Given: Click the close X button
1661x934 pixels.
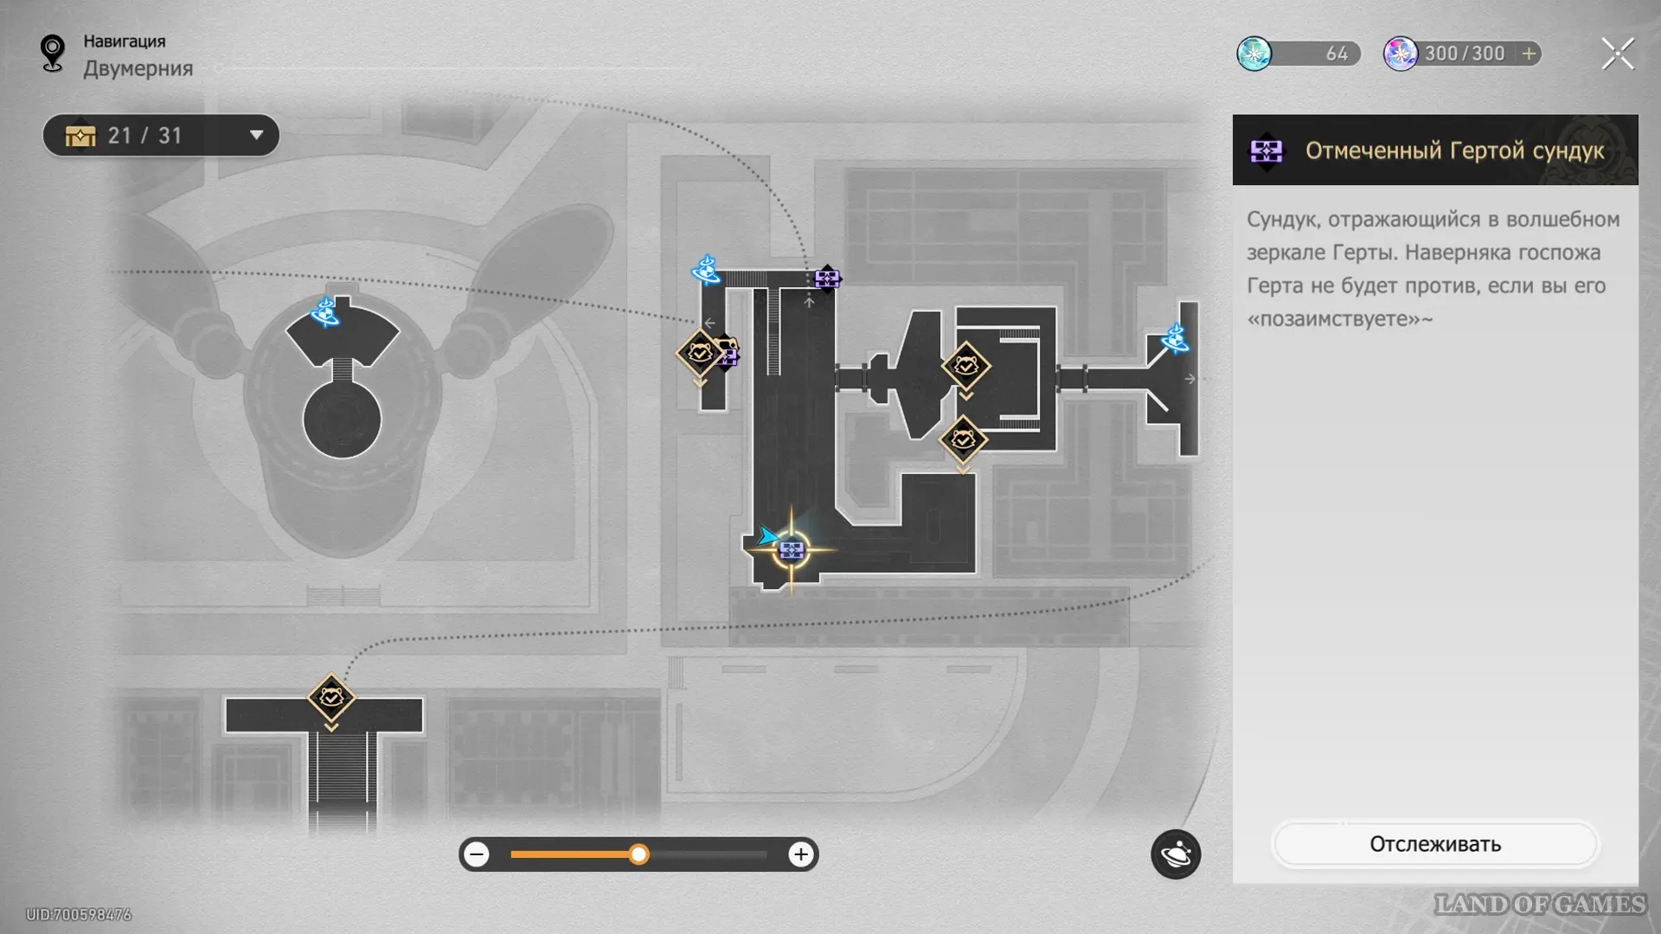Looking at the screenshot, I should pos(1617,54).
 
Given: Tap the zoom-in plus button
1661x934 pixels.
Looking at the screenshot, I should pos(801,854).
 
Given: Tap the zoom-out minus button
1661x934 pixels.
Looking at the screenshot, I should pos(477,854).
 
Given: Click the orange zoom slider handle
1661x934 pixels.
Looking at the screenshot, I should pos(638,854).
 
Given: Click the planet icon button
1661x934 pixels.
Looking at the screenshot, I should pos(1176,854).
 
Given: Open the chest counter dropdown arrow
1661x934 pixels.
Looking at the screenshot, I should pos(256,135).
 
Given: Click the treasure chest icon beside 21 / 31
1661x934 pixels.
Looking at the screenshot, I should pos(80,136).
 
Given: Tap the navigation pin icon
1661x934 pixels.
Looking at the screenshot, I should pos(53,53).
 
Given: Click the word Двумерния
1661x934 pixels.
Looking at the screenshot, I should pos(138,68).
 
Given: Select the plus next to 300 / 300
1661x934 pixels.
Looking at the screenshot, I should pos(1530,54).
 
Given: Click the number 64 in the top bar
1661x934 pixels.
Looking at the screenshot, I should pos(1337,54).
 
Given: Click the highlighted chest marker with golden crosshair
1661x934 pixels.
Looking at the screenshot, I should pos(792,550).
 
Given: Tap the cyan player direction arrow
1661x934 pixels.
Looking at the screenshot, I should pos(766,536).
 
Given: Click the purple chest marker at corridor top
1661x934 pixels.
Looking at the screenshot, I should pos(827,278).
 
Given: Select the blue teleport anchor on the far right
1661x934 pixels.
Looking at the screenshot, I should pos(1175,338).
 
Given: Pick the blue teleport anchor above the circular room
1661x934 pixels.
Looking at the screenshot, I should pos(326,311).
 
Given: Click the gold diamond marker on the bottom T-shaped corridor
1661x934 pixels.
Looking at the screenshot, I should pos(331,697).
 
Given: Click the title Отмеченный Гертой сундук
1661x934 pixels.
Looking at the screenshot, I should pos(1454,150).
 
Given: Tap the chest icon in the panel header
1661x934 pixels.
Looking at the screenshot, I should pos(1267,151).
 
